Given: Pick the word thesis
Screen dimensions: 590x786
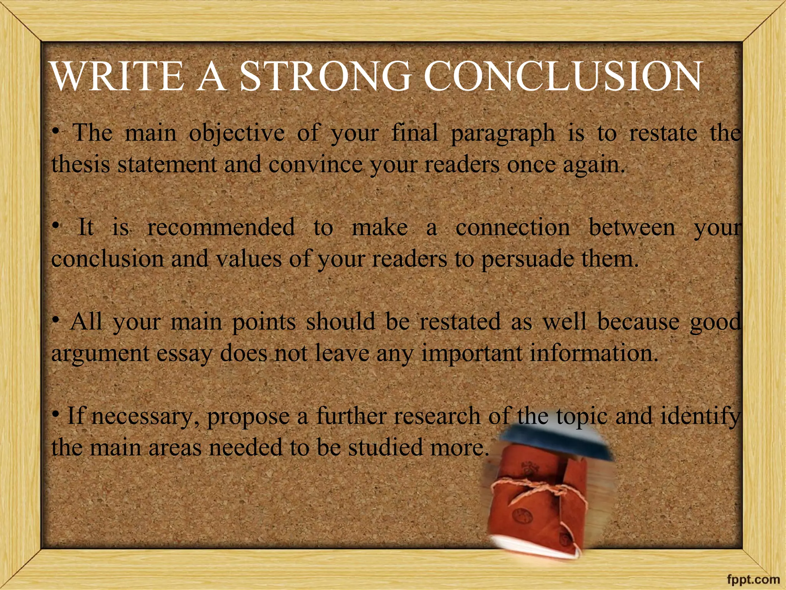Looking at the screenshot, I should coord(81,164).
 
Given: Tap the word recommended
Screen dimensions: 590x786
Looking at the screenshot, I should coord(221,227).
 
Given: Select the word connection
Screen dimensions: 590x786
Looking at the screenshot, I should coord(513,227).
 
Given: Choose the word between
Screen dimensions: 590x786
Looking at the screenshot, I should coord(632,227).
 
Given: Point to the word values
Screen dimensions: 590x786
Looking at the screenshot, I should coord(249,259).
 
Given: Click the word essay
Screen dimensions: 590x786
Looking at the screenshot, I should coord(185,354).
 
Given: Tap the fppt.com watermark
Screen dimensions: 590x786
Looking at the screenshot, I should coord(754,579).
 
